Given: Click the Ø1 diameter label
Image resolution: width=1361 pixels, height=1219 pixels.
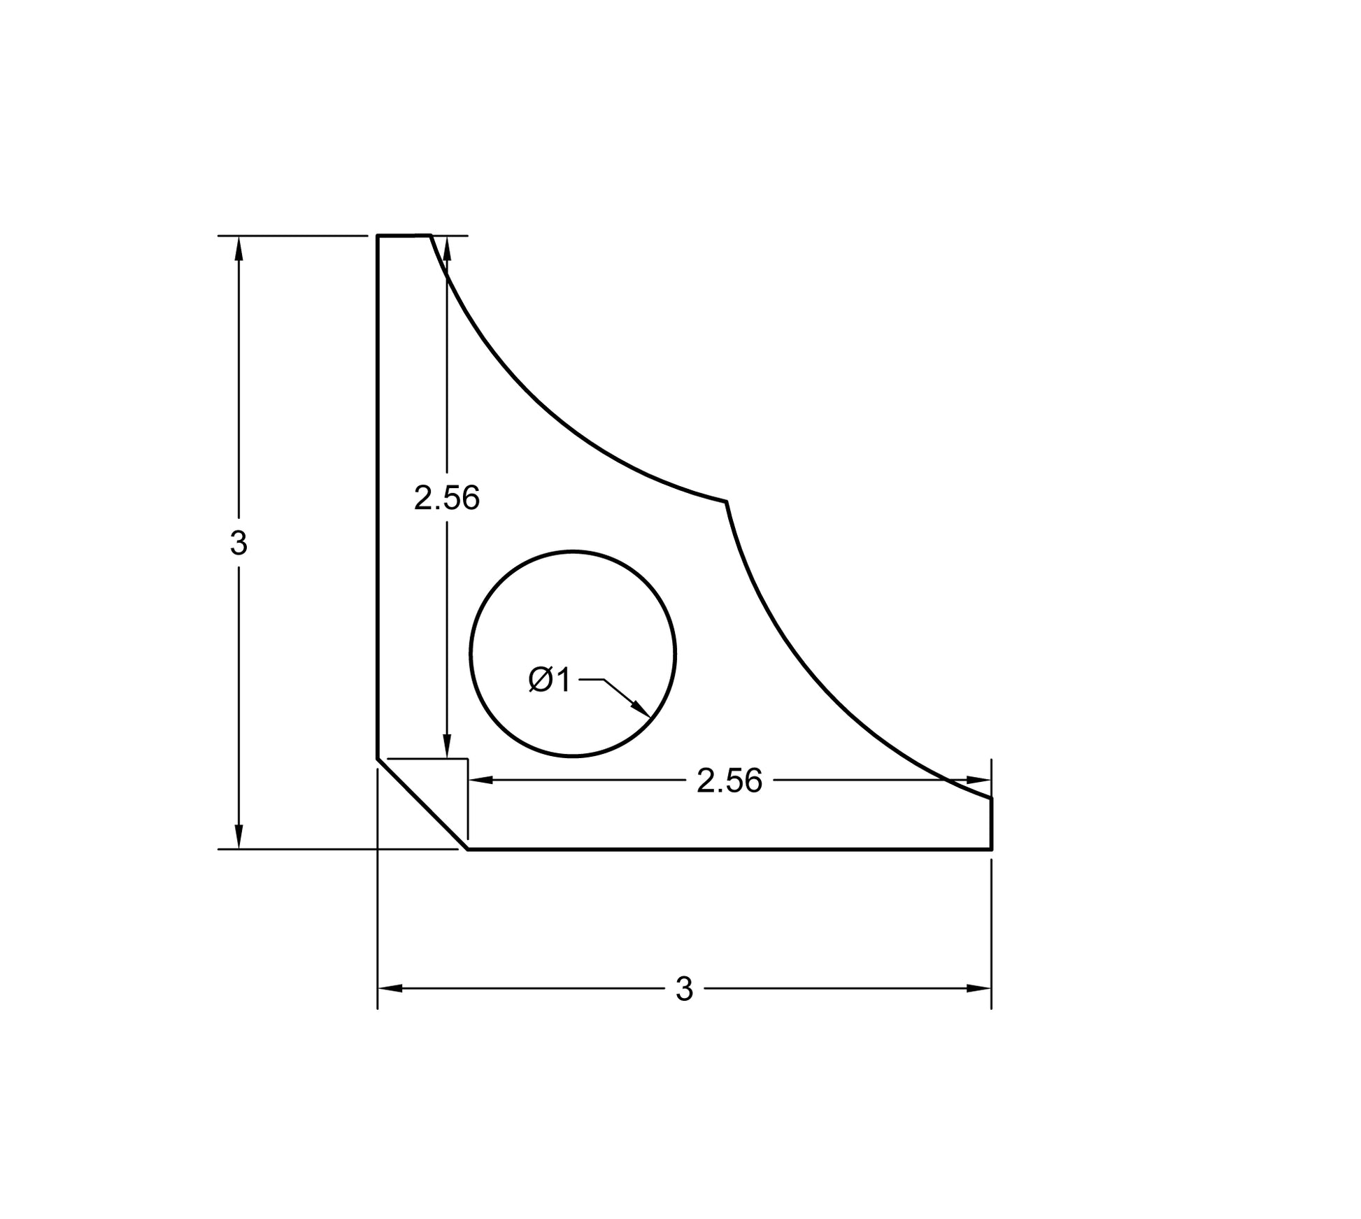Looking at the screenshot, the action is (x=550, y=680).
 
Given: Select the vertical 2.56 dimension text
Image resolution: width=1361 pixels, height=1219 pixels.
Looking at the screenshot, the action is (x=447, y=499).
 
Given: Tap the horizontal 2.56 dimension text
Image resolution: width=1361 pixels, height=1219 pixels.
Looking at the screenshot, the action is (x=729, y=781).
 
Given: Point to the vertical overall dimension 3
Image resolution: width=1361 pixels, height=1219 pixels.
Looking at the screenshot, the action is (x=238, y=543).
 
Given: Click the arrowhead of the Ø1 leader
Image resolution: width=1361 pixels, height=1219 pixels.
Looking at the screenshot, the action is (x=641, y=709).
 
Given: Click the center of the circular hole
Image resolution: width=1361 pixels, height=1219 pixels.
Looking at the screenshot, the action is (x=573, y=654).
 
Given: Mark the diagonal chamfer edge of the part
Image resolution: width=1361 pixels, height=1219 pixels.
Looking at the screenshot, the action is (x=422, y=804).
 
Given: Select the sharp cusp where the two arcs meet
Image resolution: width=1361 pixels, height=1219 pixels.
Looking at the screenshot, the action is (x=726, y=501).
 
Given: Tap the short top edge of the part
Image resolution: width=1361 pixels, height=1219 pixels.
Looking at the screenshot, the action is (x=404, y=236).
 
